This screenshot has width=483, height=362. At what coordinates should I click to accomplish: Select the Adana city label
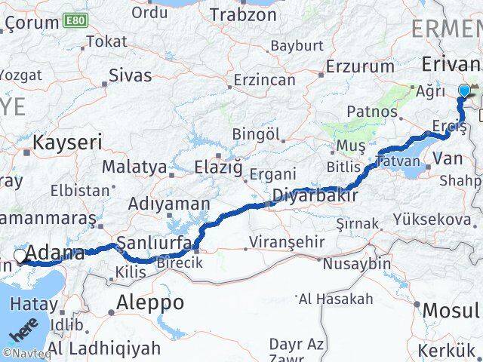(57, 253)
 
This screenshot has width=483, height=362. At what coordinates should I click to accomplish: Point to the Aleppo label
(150, 302)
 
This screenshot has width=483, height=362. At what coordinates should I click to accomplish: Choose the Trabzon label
(244, 14)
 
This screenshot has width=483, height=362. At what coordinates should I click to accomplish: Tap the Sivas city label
(130, 75)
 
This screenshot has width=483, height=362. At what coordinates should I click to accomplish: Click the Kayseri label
(67, 142)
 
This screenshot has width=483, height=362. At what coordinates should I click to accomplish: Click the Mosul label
(451, 309)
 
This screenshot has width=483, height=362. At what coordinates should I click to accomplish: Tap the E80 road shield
(74, 19)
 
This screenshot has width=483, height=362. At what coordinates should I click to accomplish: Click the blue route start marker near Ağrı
(464, 92)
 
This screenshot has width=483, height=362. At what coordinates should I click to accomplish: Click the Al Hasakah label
(336, 299)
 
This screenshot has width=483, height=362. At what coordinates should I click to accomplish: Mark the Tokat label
(106, 41)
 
